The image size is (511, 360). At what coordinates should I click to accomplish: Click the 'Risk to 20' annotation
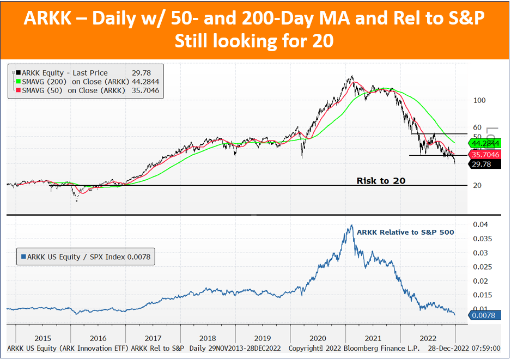tap(381, 181)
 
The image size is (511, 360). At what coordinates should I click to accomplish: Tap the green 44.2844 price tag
tap(484, 143)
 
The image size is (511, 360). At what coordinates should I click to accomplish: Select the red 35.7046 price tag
tap(484, 155)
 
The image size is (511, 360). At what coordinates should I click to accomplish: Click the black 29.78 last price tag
tap(484, 164)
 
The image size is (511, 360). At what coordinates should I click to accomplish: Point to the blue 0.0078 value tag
tap(484, 315)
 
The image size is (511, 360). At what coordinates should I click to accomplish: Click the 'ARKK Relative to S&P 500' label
tap(405, 233)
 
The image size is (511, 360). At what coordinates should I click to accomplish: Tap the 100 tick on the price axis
tap(479, 100)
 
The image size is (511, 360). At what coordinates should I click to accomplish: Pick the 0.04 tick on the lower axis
tap(480, 224)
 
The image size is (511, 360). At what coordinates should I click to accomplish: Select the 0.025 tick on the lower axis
tap(480, 267)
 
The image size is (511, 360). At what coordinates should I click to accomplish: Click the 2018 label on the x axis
tap(208, 339)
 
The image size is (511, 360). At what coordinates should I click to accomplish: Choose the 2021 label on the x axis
tap(373, 339)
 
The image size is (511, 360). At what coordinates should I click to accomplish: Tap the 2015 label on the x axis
tap(42, 339)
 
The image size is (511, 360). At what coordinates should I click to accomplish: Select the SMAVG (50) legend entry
tap(87, 90)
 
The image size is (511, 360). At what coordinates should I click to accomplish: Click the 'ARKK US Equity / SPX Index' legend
tap(86, 257)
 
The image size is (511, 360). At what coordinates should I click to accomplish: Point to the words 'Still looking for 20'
tap(254, 41)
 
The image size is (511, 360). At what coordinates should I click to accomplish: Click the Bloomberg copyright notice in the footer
tap(354, 348)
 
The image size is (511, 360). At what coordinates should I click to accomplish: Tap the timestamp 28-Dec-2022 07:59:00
tap(464, 348)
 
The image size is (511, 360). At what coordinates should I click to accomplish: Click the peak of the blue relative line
tap(351, 225)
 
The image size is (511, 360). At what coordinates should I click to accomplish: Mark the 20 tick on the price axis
tap(477, 185)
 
